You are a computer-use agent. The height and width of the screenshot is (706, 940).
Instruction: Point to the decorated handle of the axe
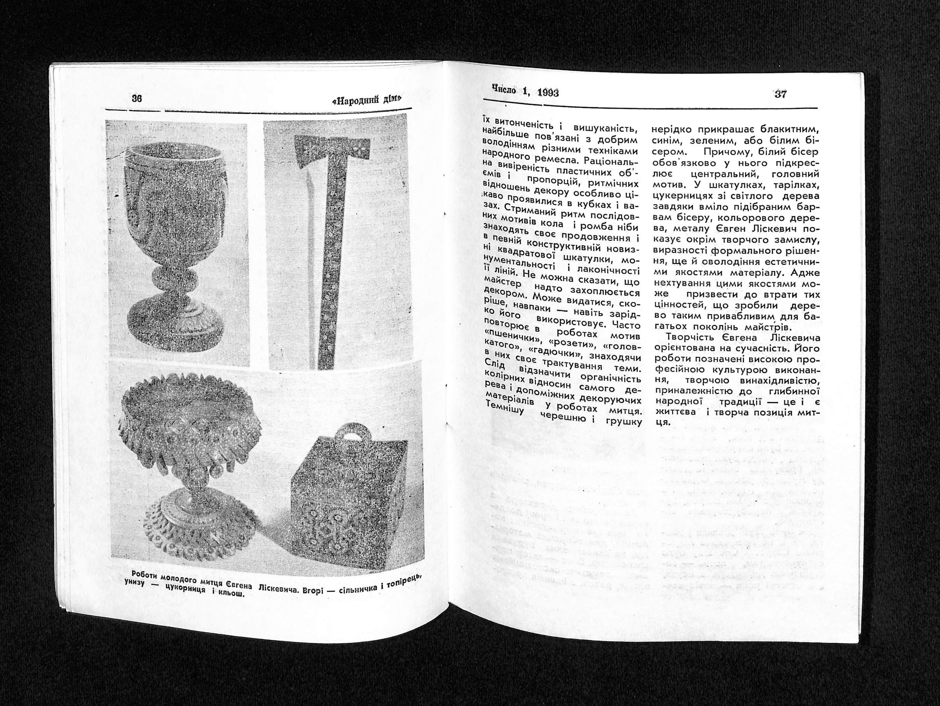tap(329, 264)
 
